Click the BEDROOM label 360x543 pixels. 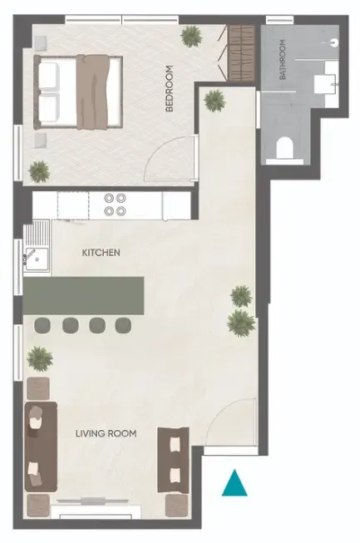[169, 89]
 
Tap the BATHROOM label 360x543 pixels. [283, 59]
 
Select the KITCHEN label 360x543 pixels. [101, 253]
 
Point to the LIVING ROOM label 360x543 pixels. [106, 433]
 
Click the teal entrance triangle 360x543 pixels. [234, 483]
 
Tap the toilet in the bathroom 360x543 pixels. [285, 148]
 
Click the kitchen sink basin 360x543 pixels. [37, 259]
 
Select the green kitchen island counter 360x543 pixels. [83, 295]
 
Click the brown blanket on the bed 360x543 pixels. [93, 92]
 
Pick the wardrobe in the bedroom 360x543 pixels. [242, 53]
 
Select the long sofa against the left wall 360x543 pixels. [41, 447]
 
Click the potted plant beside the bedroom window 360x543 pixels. [190, 36]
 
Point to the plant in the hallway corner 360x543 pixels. [215, 101]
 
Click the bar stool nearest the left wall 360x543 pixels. [42, 325]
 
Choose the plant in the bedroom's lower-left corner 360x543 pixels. [39, 171]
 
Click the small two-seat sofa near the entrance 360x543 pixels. [174, 460]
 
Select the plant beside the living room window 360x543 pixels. [40, 359]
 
